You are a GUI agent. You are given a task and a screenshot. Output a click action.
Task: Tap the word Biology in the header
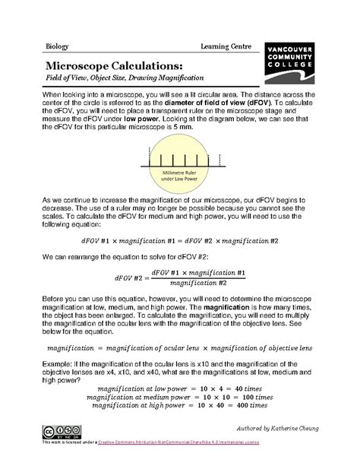coord(56,46)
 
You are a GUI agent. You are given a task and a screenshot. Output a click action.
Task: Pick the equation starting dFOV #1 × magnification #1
coord(179,239)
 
